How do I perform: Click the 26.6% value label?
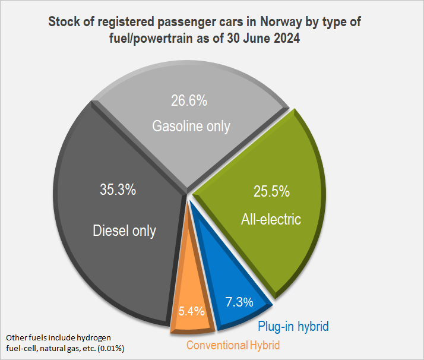190,101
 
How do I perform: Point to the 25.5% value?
272,192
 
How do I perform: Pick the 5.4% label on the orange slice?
192,311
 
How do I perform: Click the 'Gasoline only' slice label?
191,127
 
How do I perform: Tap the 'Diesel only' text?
124,230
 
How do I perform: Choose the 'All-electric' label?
271,219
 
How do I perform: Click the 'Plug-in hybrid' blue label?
293,326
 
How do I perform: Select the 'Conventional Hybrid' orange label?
232,345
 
